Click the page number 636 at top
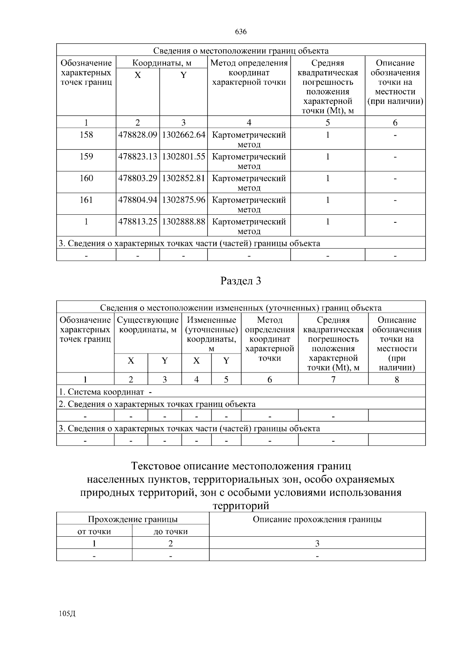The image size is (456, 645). [241, 32]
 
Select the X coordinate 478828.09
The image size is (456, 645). [138, 135]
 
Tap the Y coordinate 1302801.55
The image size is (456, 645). [184, 157]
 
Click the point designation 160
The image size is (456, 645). [86, 178]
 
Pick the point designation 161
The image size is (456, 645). [86, 200]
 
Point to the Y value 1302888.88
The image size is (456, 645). [184, 222]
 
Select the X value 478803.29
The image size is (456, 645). [138, 178]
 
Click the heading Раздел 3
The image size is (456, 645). [241, 281]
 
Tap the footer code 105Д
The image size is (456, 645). [67, 613]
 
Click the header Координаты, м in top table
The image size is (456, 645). [161, 63]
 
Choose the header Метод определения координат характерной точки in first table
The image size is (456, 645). [249, 73]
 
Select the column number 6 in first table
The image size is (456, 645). [395, 122]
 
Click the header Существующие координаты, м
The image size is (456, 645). [148, 325]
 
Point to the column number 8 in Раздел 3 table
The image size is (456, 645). [397, 379]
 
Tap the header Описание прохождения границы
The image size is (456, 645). [317, 520]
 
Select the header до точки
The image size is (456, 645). [171, 531]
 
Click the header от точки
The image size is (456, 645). [94, 531]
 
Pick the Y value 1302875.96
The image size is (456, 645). [184, 200]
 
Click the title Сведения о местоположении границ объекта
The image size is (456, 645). [241, 51]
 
